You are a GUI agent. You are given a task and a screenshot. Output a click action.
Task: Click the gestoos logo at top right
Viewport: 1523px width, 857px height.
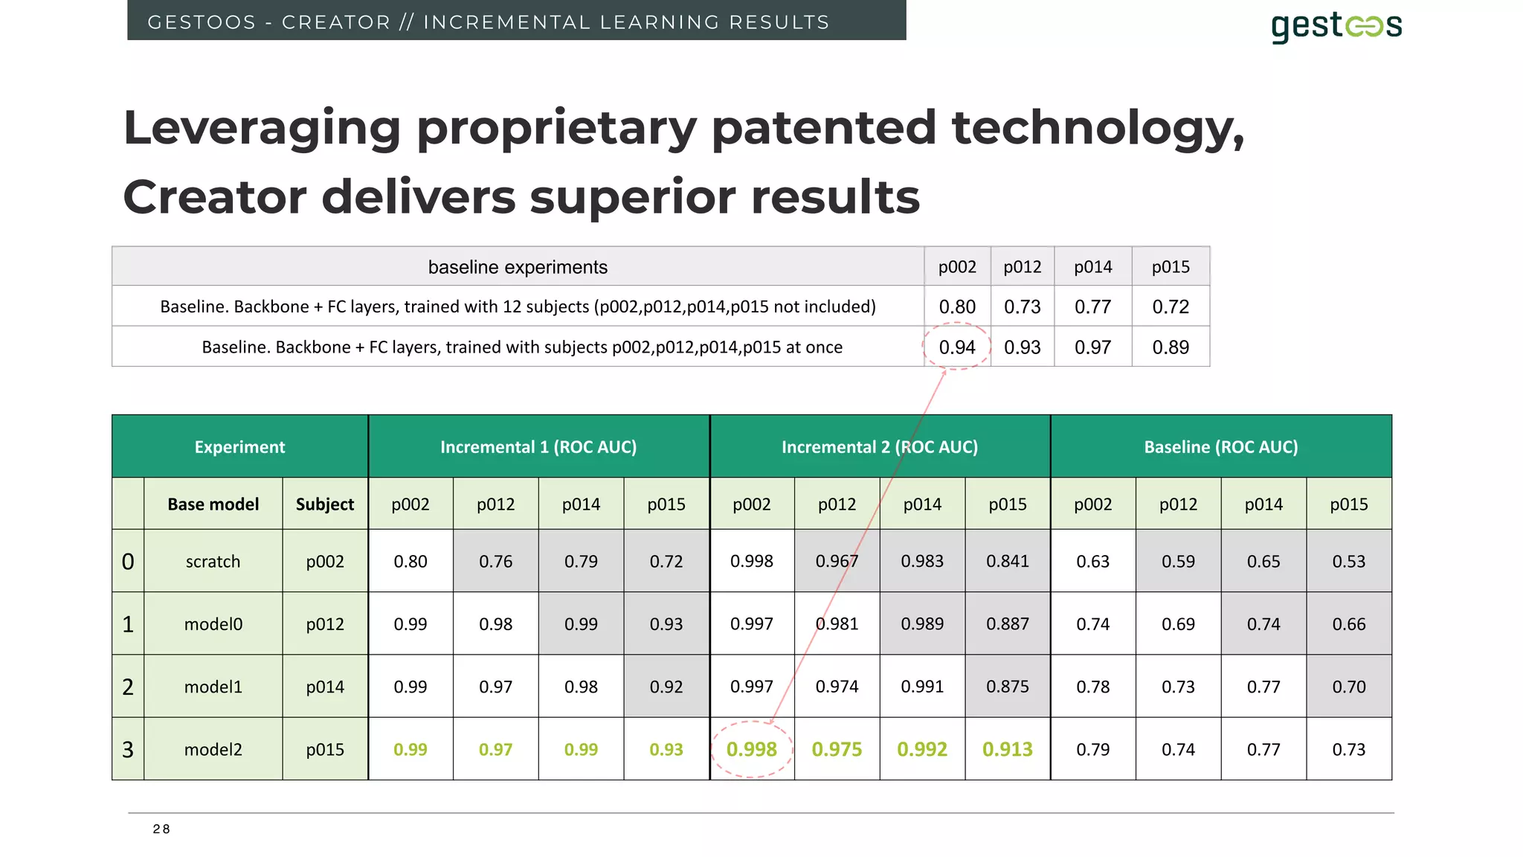pos(1336,27)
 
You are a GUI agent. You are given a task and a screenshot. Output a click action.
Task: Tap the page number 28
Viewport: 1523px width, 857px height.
pos(161,829)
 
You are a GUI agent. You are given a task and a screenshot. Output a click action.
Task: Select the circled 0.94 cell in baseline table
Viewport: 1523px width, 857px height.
pos(956,347)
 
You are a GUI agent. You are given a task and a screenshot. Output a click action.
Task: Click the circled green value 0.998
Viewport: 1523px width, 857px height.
pos(751,749)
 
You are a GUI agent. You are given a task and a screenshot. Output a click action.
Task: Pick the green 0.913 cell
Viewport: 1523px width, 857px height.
pos(1007,749)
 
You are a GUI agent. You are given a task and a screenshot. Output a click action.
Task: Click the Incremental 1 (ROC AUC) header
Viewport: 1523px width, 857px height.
pos(538,447)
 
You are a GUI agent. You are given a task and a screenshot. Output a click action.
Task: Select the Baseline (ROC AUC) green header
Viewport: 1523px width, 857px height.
pos(1220,447)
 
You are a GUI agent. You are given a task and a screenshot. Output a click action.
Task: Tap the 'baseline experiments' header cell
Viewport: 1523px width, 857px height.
pos(518,267)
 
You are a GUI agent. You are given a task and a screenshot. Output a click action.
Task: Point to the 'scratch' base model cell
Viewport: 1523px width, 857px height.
pos(213,562)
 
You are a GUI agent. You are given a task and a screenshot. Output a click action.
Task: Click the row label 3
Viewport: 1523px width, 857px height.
pos(128,749)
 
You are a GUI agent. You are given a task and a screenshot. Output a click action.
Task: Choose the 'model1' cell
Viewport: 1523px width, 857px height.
pos(213,687)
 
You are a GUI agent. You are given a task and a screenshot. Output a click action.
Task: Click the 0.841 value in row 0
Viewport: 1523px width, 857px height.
pos(1007,562)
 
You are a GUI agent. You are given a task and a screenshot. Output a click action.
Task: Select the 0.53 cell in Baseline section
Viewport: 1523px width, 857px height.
pos(1348,562)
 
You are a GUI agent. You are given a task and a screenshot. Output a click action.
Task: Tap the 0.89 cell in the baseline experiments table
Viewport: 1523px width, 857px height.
pos(1171,347)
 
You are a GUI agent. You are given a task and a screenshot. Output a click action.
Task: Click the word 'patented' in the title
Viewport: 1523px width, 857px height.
pos(823,128)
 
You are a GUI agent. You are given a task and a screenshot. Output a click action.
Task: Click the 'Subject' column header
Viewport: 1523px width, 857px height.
pos(325,504)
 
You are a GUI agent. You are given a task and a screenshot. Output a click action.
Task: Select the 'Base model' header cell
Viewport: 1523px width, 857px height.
pos(213,504)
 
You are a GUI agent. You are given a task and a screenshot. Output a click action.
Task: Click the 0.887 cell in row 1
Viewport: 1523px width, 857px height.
pos(1007,624)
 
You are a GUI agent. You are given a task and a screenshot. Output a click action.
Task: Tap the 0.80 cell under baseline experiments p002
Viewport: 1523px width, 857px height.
pos(956,306)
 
